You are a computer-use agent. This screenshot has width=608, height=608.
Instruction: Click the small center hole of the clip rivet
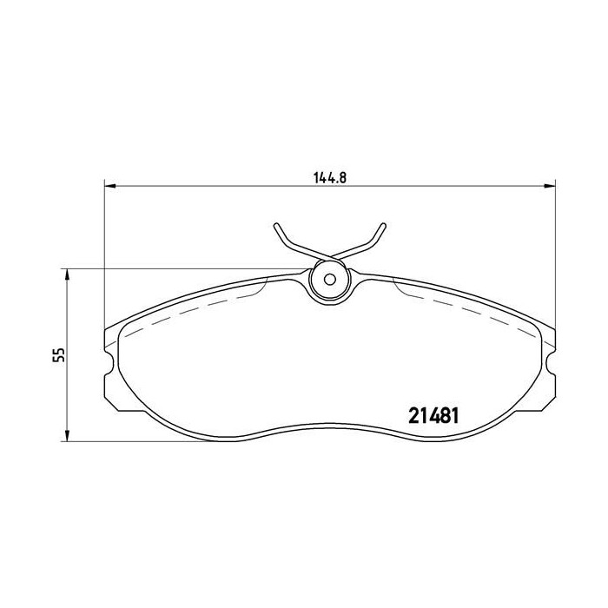click(x=328, y=281)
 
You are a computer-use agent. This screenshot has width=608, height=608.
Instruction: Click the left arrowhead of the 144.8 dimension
click(x=109, y=185)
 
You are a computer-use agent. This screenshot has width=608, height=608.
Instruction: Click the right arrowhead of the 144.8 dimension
click(x=549, y=185)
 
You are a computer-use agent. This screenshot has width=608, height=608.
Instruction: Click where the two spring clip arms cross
click(x=329, y=255)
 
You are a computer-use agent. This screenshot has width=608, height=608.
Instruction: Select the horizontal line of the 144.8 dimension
click(x=217, y=185)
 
